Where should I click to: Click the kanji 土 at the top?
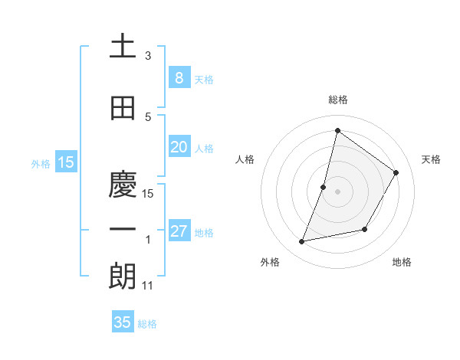123,47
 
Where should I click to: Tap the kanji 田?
123,109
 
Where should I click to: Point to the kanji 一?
123,229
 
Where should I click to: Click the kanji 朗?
123,277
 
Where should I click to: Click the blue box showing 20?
179,147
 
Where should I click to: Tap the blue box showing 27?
179,232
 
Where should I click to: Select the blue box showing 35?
123,322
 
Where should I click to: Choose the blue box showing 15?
65,162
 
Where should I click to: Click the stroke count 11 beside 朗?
148,286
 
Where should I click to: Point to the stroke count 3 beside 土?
147,56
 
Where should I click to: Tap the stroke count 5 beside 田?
147,117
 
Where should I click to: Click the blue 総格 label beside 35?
147,324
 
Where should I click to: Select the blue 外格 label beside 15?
41,163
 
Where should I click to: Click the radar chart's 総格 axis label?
337,100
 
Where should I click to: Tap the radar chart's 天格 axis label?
431,159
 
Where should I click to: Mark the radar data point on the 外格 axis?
302,242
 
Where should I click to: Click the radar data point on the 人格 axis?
324,187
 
